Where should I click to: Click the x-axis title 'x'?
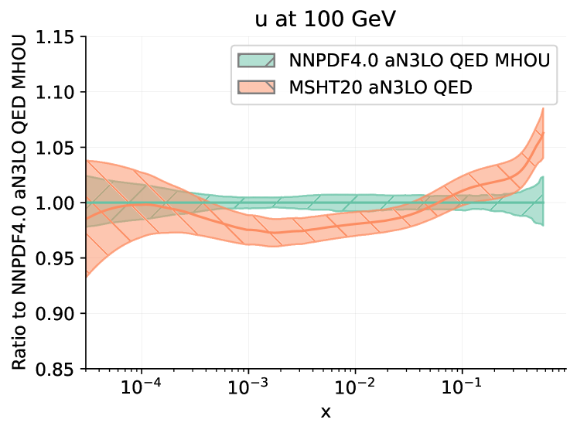[326, 413]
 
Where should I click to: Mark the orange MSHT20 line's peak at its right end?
[544, 133]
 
